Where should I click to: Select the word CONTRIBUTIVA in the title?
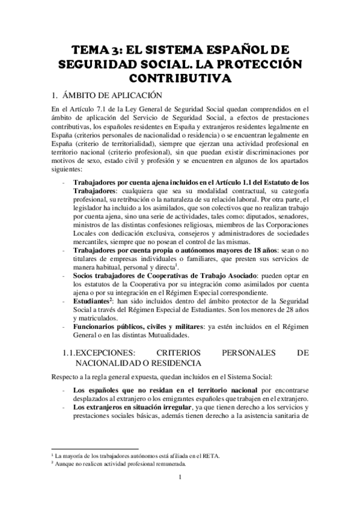pos(180,78)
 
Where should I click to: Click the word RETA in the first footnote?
pos(213,456)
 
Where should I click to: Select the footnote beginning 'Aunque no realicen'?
pos(120,464)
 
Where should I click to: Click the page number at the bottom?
pos(180,479)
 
